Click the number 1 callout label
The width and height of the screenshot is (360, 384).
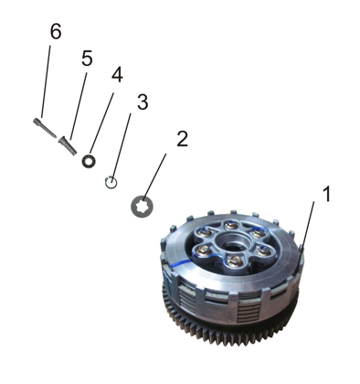(x=326, y=194)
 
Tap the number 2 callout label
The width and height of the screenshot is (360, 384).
(x=182, y=139)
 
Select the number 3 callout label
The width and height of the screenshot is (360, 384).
(x=143, y=102)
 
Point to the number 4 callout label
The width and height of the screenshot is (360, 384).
(x=117, y=75)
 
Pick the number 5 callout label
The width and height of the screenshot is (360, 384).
(x=87, y=59)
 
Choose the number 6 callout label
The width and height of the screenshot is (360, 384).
(x=56, y=31)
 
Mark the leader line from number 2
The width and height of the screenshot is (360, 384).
(x=154, y=177)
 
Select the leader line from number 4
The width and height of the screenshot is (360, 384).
(x=102, y=123)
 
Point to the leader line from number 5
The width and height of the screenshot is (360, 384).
(x=79, y=106)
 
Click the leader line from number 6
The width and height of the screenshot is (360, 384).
(x=46, y=81)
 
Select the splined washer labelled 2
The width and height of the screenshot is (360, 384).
(x=142, y=207)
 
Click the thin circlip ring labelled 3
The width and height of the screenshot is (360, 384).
(x=111, y=183)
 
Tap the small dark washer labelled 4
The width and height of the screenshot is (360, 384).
(x=89, y=161)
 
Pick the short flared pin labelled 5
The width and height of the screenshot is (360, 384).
(x=68, y=145)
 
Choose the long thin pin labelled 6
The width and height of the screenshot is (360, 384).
(x=45, y=128)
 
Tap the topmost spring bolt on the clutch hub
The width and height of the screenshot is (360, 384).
(x=230, y=225)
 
